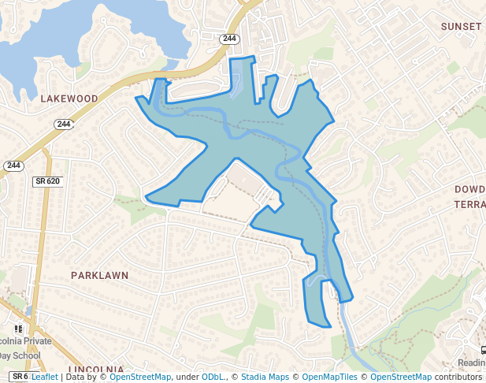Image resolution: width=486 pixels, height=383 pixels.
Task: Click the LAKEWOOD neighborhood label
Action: [x=69, y=99]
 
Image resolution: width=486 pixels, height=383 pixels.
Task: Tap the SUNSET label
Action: [x=461, y=26]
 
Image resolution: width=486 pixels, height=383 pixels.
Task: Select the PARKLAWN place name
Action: [x=99, y=276]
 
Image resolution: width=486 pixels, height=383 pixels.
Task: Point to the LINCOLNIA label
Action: [x=96, y=370]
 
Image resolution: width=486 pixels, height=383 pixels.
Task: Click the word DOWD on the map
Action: [x=469, y=190]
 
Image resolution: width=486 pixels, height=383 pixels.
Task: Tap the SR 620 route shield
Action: [x=48, y=181]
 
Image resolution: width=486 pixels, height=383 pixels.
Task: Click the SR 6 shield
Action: [x=20, y=377]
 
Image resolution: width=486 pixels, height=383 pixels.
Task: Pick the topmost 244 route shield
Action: [x=229, y=38]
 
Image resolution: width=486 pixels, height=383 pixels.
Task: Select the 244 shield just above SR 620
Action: [x=13, y=165]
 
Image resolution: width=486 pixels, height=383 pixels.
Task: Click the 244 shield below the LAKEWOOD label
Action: [x=64, y=124]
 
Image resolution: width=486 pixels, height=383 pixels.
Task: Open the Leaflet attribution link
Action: [x=44, y=377]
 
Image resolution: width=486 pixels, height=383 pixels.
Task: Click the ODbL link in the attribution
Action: [x=213, y=377]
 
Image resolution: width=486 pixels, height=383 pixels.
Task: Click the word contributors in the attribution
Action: [x=458, y=377]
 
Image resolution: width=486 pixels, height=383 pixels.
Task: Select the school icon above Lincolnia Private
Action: [x=18, y=329]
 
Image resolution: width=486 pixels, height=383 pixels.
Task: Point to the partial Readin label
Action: [x=471, y=363]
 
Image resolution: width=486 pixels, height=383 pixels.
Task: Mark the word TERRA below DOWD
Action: [x=469, y=204]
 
